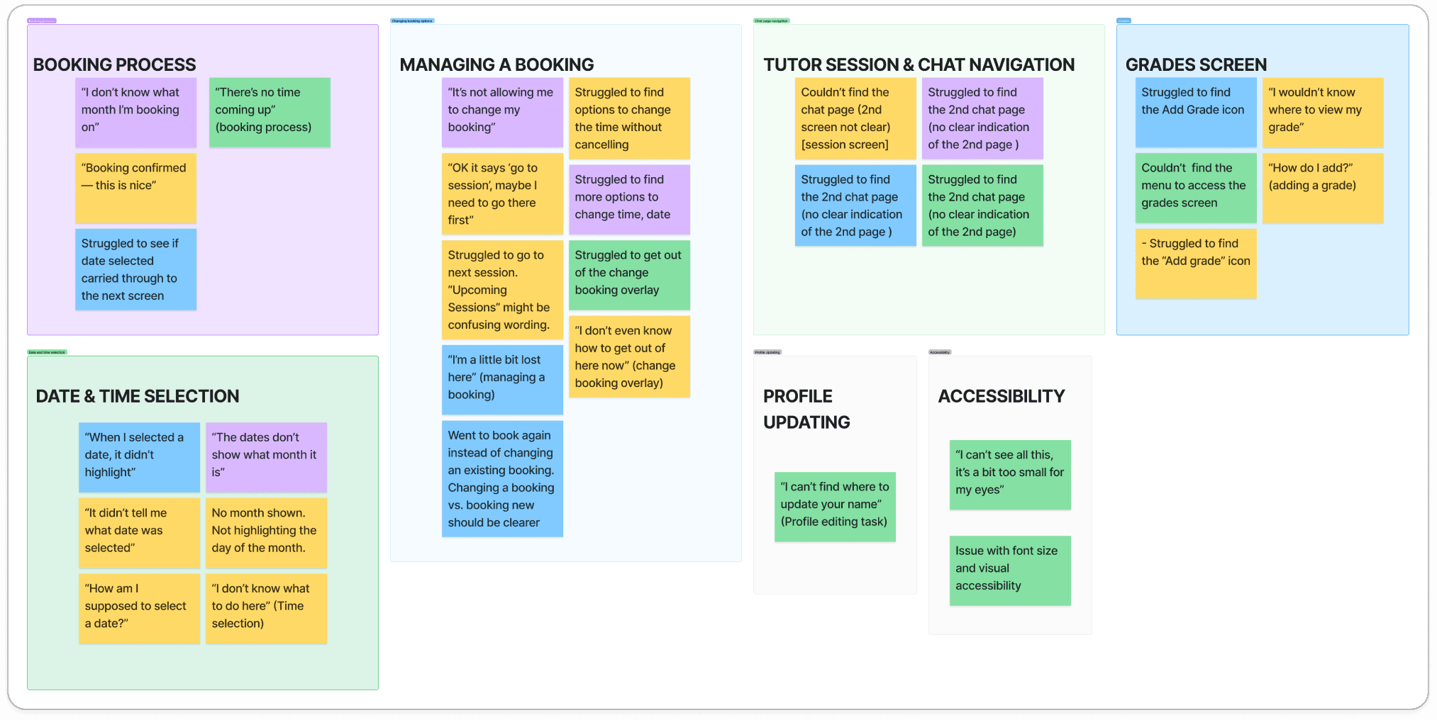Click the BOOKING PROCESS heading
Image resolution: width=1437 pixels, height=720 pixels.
(114, 64)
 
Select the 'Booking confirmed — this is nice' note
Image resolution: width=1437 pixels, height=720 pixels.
(135, 188)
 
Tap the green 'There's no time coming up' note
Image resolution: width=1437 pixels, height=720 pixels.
(270, 112)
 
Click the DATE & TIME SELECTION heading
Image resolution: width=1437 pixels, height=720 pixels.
(138, 396)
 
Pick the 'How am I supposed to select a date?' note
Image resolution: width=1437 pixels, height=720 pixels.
(139, 608)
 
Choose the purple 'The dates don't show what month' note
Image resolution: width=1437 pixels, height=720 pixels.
(266, 457)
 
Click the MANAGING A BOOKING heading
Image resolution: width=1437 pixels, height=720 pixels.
(496, 64)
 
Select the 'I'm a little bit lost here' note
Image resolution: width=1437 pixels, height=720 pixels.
(502, 379)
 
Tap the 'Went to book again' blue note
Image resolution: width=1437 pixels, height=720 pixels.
(502, 479)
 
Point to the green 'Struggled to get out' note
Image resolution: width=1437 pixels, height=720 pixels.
(629, 275)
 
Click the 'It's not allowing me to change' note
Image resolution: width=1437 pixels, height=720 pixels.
(502, 112)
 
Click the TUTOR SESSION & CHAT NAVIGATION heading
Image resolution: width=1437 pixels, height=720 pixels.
(919, 64)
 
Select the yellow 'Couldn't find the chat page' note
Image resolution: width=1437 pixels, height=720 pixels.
(855, 118)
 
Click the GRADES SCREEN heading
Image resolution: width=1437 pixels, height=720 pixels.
(1196, 64)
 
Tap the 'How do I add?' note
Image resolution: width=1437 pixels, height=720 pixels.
(1323, 188)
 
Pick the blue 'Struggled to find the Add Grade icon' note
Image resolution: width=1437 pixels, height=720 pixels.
(1196, 112)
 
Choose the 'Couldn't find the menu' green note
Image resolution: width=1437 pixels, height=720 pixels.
(1196, 188)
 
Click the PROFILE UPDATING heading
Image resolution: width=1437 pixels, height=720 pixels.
(806, 409)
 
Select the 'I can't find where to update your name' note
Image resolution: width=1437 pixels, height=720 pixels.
(835, 507)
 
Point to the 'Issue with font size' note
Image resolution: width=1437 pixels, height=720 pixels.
(1010, 570)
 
